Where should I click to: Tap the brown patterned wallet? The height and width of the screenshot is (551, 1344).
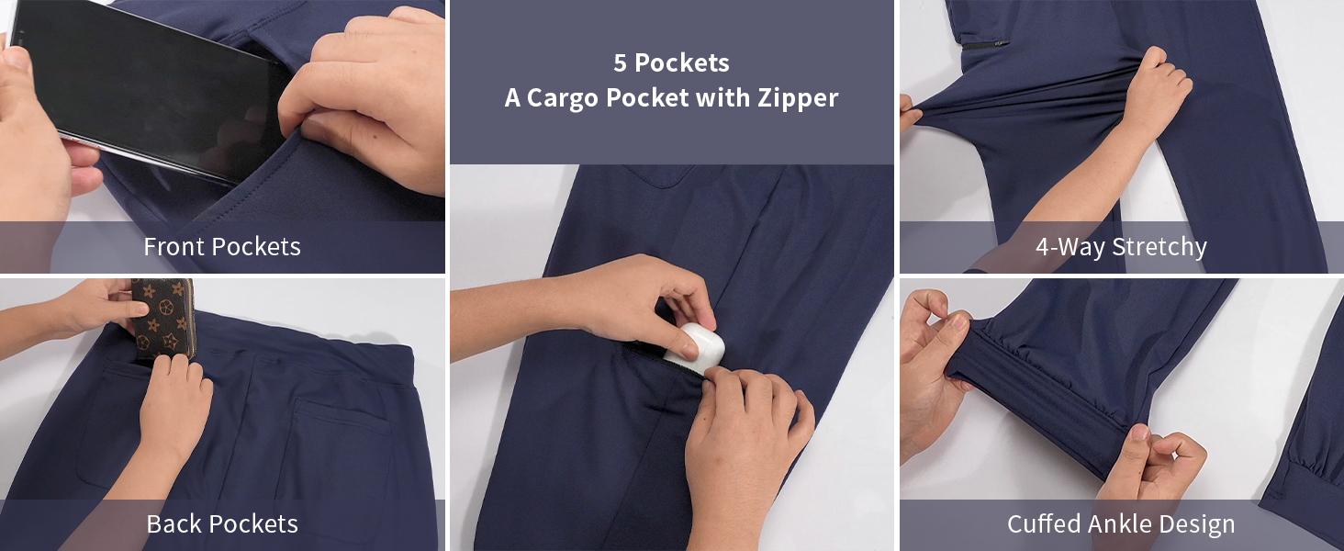coord(163,317)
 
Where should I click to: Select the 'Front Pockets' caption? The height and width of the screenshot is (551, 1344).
coord(222,246)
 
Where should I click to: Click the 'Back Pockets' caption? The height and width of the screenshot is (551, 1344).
coord(222,524)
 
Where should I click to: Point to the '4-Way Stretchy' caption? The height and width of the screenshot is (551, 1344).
coord(1121,246)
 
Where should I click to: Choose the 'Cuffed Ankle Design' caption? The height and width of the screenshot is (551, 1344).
coord(1121,524)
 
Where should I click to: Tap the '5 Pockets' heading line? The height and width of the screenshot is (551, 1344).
coord(671,62)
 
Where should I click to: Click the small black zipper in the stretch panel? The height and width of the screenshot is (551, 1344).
coord(986,43)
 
